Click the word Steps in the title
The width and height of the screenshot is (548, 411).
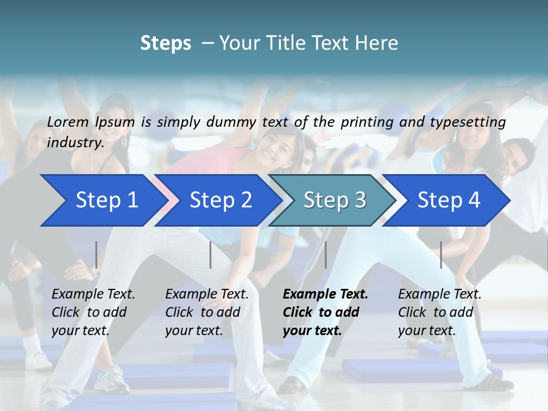click(x=166, y=43)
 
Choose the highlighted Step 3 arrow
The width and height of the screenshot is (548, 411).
click(x=335, y=200)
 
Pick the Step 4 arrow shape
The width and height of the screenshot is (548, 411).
click(x=449, y=200)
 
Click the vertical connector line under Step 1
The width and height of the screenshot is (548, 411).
click(x=96, y=255)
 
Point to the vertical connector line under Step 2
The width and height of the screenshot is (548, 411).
click(x=211, y=255)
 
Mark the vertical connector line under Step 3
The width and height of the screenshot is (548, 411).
click(x=325, y=255)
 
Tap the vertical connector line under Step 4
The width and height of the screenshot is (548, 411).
click(x=441, y=255)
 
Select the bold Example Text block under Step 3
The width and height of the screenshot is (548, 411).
click(x=325, y=312)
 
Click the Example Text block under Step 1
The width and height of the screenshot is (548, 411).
click(x=92, y=312)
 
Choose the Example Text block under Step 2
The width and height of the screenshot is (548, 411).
click(x=207, y=312)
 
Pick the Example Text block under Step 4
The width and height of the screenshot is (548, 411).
click(x=439, y=312)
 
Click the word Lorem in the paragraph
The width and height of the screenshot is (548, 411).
click(x=67, y=122)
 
